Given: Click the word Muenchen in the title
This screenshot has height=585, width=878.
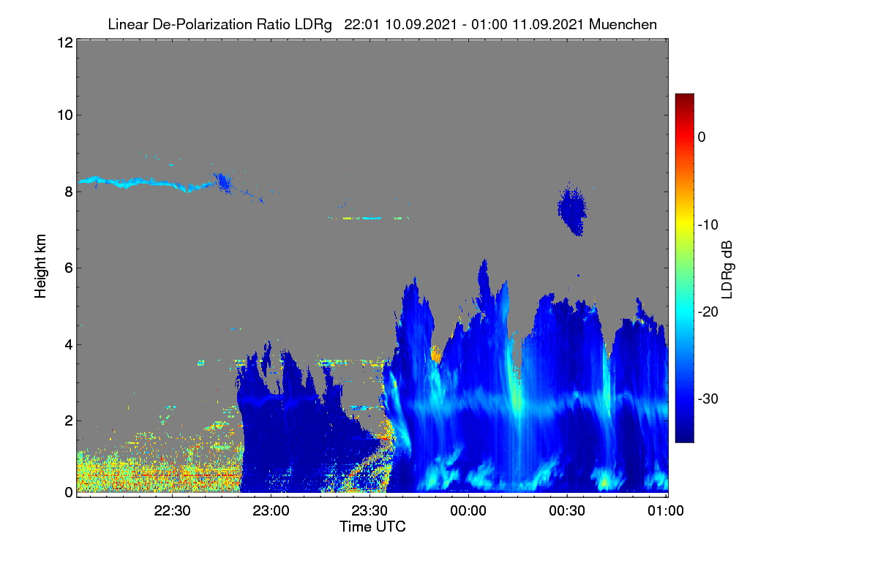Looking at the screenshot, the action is click(x=623, y=25).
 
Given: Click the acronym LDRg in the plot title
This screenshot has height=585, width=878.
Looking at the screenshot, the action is click(x=313, y=25).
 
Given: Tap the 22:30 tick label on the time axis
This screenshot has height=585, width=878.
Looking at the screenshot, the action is click(x=172, y=511).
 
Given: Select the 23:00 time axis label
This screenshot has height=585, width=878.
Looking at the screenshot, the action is click(x=271, y=511).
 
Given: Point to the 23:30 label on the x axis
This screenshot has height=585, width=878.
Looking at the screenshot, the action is click(x=369, y=511).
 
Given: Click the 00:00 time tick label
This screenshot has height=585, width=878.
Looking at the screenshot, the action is click(x=468, y=511).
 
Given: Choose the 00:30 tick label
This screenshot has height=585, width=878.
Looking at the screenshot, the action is click(x=567, y=511).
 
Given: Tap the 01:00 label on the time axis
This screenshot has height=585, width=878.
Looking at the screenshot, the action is click(x=666, y=511).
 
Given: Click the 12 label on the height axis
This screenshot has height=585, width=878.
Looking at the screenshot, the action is click(x=65, y=42).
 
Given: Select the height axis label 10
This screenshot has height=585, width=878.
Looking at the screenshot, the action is click(x=65, y=116).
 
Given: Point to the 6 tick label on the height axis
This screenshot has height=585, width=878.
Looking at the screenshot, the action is click(x=69, y=268).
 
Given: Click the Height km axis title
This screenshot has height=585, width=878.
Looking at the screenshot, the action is click(x=40, y=266).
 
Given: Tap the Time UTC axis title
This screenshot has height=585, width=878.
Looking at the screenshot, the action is click(x=372, y=526).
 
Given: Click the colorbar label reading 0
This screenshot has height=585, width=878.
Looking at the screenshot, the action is click(x=702, y=137).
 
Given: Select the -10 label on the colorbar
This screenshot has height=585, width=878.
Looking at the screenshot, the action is click(x=708, y=225).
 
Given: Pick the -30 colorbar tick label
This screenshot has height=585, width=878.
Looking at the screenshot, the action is click(x=708, y=399).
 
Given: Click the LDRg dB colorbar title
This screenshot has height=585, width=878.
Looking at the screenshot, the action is click(x=727, y=270).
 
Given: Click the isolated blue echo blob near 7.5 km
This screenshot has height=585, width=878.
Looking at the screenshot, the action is click(x=572, y=210).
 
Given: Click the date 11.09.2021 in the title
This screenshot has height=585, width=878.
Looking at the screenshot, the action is click(x=548, y=25).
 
